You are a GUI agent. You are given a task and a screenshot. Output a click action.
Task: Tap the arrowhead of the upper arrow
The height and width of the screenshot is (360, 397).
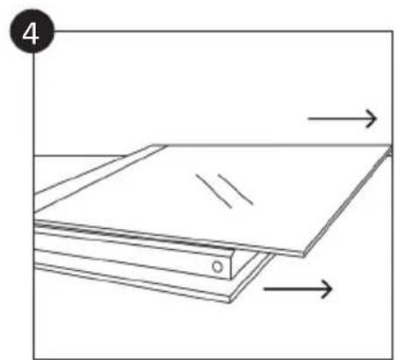click(374, 118)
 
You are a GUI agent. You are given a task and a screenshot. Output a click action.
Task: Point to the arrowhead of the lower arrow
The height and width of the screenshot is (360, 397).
click(330, 287)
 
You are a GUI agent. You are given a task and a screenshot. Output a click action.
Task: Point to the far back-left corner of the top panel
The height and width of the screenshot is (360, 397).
click(157, 145)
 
